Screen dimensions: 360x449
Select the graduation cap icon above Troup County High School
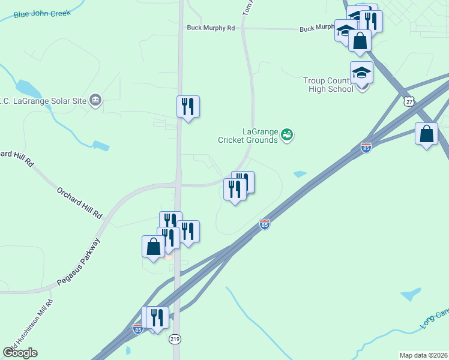361,73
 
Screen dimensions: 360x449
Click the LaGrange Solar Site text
44,99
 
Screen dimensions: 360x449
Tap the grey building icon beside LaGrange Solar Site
95,99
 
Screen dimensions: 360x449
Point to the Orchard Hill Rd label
80,203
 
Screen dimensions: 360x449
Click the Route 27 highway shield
409,102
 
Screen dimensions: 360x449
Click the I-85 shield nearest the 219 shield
137,329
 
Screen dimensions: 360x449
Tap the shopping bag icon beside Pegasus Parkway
153,247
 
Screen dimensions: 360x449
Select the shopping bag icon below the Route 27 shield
426,134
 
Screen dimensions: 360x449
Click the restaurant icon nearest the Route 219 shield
158,317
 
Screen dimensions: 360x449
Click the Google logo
20,353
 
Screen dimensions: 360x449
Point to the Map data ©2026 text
424,355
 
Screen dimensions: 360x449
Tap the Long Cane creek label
433,320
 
